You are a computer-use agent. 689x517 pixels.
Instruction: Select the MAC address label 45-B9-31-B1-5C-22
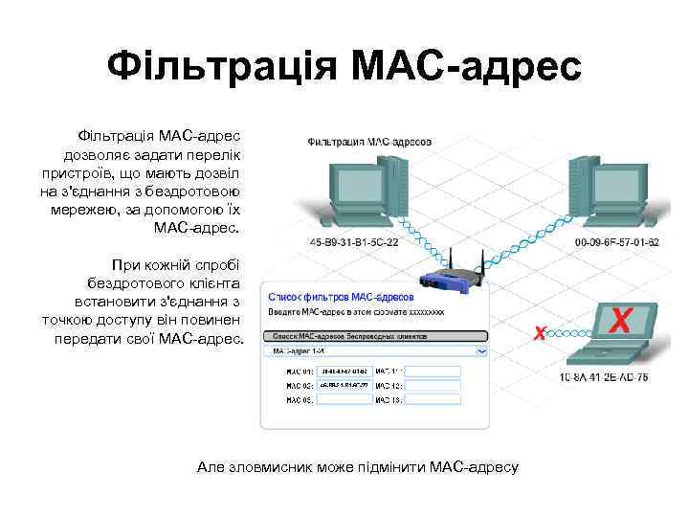pos(355,242)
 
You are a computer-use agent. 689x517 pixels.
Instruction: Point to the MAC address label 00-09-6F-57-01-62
pos(616,242)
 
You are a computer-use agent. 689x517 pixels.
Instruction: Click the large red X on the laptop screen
pos(620,320)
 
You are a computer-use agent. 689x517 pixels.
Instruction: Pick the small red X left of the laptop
pos(540,333)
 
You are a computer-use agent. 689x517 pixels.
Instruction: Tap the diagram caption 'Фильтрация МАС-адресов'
pos(369,141)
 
